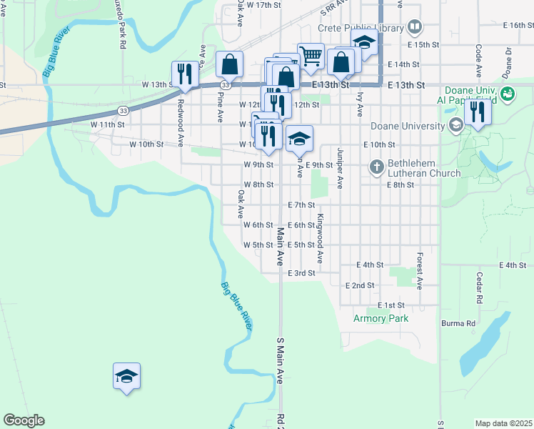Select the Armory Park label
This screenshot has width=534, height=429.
coord(381,318)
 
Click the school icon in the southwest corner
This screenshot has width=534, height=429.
coord(126,376)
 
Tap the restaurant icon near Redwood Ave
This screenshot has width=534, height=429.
coord(184,74)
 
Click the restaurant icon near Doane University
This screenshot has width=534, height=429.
coord(478,112)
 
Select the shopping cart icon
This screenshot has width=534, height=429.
coord(311,56)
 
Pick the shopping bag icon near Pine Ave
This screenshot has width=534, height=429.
coord(230,65)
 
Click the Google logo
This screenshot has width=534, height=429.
coord(24,420)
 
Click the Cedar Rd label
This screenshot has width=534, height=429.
coord(480,287)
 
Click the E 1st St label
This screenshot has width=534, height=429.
coord(391,305)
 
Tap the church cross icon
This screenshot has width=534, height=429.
coord(376,167)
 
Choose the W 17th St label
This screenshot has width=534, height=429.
coord(262,4)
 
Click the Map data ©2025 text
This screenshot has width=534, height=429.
coord(503,423)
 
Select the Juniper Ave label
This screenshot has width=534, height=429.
coord(340,170)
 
